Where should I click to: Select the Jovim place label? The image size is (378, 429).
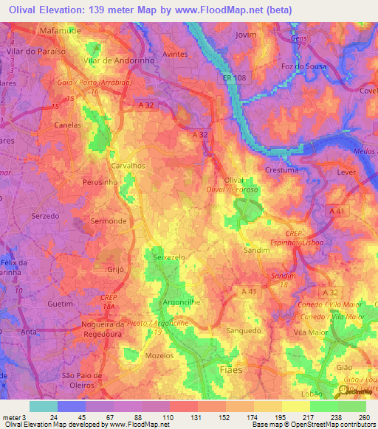[246, 35]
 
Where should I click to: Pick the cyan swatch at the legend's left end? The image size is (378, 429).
[43, 406]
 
